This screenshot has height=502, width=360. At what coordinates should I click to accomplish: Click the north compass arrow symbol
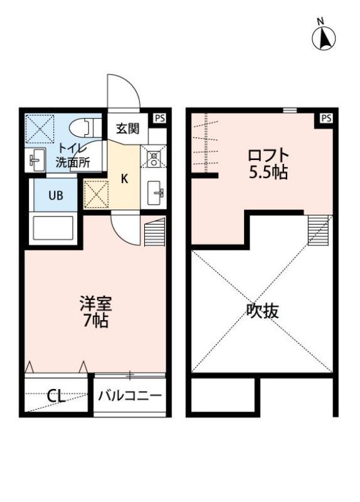[324, 38]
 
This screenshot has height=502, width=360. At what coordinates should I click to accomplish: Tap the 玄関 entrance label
[127, 129]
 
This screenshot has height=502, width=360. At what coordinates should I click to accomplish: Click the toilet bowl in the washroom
[82, 127]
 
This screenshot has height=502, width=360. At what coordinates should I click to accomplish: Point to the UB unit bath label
[56, 195]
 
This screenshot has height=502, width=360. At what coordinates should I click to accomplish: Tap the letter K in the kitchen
[124, 178]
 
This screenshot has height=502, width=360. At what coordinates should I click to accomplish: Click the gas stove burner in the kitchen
[154, 157]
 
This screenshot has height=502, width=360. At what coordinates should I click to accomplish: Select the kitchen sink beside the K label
[154, 191]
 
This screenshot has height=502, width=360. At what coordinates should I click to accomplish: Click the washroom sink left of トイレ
[36, 161]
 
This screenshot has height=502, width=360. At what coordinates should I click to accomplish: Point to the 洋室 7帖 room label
[95, 312]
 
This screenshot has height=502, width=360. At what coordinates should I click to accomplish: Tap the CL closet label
[56, 396]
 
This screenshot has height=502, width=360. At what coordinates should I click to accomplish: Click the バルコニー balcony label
[130, 396]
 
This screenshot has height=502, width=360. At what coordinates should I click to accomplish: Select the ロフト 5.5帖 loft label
[268, 163]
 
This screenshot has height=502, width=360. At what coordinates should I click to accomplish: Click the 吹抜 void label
[262, 310]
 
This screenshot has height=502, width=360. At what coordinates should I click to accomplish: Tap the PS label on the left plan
[160, 117]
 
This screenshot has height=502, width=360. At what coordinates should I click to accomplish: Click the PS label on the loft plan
[326, 117]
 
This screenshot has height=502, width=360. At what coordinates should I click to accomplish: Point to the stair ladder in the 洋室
[154, 233]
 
